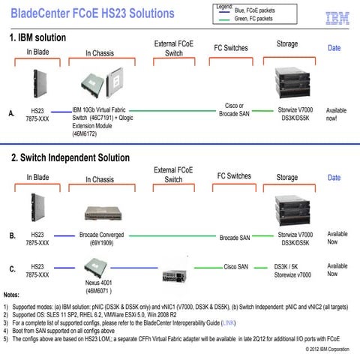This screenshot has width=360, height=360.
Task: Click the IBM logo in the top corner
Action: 337,16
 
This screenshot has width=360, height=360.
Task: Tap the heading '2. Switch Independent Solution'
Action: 70,158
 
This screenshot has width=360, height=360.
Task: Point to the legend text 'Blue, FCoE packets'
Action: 258,10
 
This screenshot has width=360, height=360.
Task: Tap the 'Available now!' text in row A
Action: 337,114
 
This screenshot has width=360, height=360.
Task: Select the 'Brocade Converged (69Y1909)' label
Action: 102,239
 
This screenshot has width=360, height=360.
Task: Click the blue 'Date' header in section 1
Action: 334,48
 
